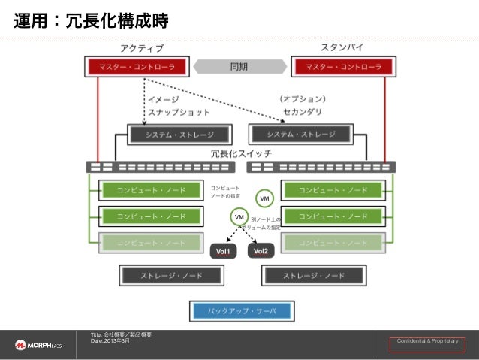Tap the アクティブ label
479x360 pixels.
142,49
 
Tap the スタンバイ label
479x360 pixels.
342,48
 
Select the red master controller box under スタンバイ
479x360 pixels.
342,67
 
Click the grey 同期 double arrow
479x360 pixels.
239,67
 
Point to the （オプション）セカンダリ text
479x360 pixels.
303,105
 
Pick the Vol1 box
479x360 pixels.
223,251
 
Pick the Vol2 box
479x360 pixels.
261,251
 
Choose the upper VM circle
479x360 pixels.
264,198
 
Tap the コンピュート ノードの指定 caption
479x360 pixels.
226,192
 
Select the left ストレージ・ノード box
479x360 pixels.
170,276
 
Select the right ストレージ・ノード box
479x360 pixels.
313,276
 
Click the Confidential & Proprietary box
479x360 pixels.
428,343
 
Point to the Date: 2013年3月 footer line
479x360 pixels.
110,340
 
